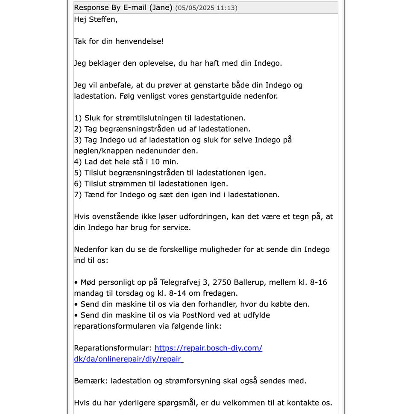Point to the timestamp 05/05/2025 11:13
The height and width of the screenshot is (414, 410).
(206, 8)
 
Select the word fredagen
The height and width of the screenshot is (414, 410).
(221, 294)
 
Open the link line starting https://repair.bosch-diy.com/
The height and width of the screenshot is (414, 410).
(208, 348)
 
